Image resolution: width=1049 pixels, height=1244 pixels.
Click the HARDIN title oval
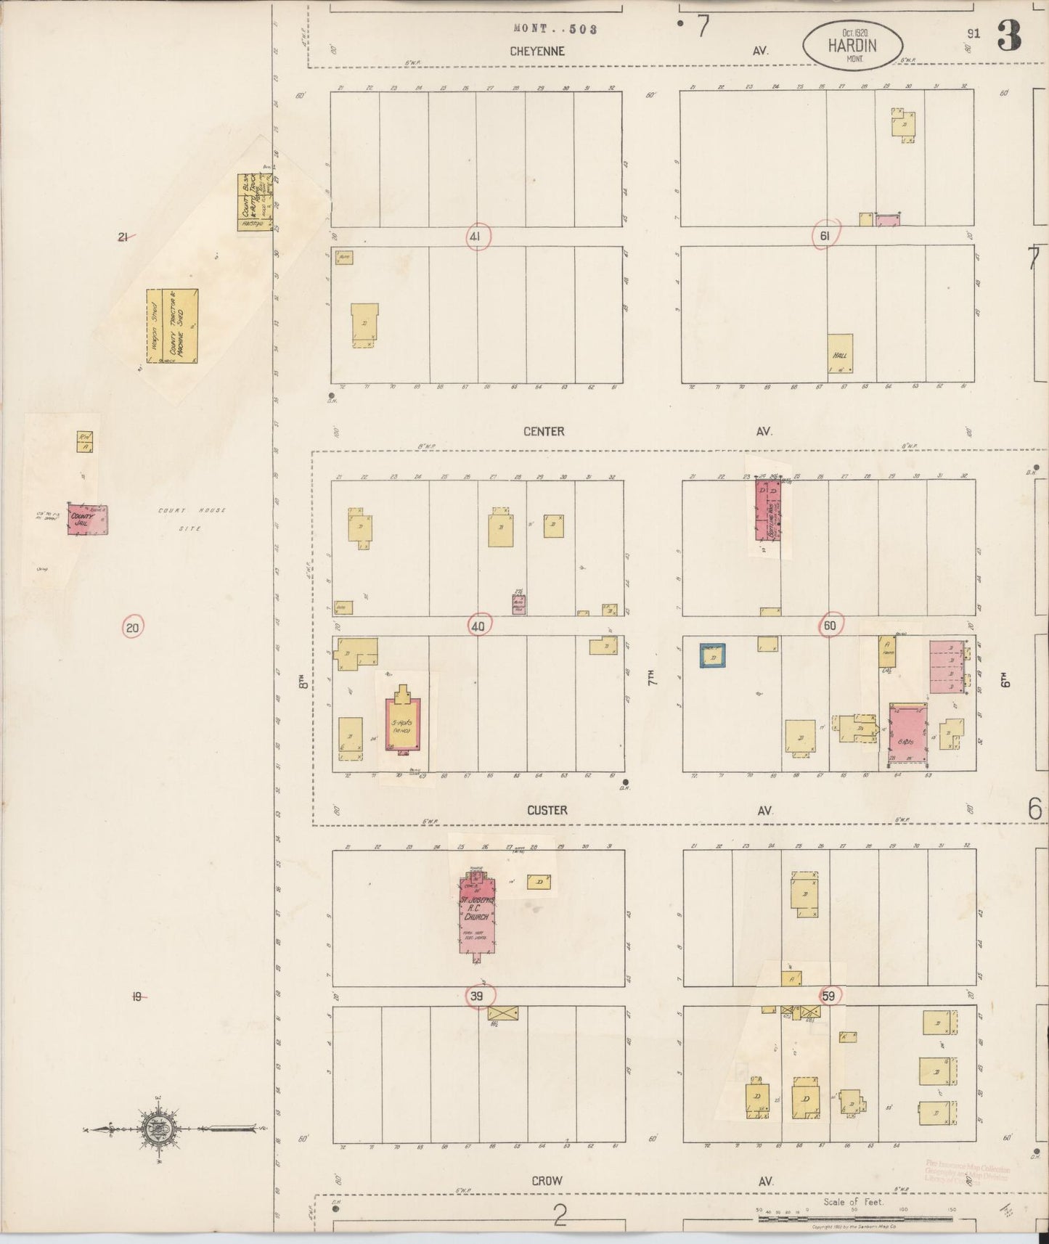pyautogui.click(x=852, y=45)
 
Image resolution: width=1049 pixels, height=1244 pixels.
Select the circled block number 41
pyautogui.click(x=477, y=237)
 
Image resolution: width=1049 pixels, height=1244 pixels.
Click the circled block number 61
pyautogui.click(x=825, y=234)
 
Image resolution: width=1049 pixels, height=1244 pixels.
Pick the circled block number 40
pyautogui.click(x=478, y=626)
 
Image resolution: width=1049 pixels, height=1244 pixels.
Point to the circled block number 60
pyautogui.click(x=829, y=625)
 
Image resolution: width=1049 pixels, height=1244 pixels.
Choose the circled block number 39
pyautogui.click(x=477, y=996)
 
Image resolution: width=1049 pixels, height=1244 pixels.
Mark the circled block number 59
pyautogui.click(x=828, y=997)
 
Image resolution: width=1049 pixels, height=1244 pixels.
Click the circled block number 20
pyautogui.click(x=132, y=627)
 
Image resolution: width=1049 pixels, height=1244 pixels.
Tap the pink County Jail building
pyautogui.click(x=88, y=520)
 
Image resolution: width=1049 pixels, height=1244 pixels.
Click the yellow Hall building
pyautogui.click(x=840, y=353)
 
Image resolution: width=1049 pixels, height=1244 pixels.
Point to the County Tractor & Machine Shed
pyautogui.click(x=173, y=325)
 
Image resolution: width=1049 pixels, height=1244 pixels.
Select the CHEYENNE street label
pyautogui.click(x=537, y=52)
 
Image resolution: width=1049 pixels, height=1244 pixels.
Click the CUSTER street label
pyautogui.click(x=547, y=811)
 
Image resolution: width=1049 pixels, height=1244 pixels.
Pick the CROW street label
pyautogui.click(x=547, y=1181)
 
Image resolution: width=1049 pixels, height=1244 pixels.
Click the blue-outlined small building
pyautogui.click(x=713, y=655)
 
